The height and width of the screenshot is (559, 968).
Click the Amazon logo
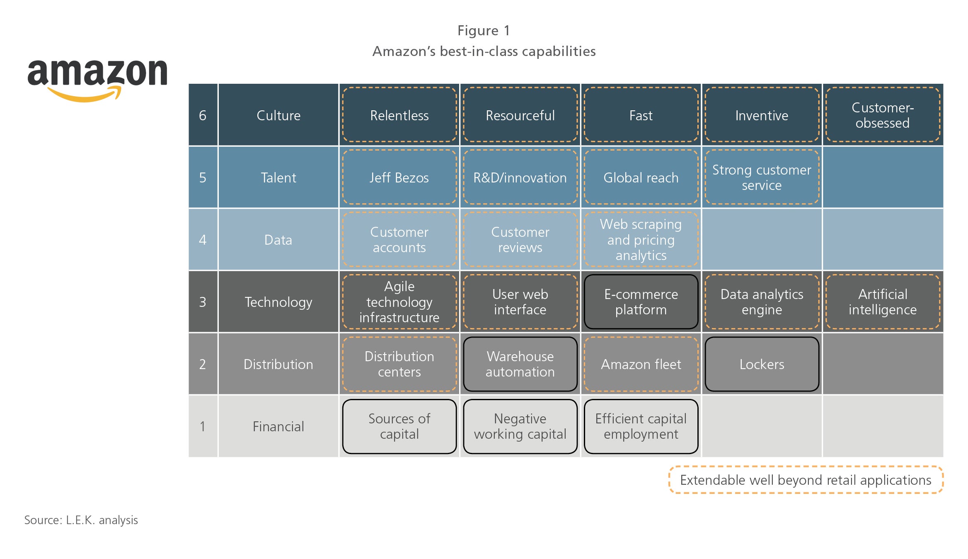click(x=97, y=80)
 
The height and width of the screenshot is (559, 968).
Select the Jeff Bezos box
click(x=399, y=177)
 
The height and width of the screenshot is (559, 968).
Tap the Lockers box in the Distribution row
click(x=762, y=364)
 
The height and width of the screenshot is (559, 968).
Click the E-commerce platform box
click(x=641, y=301)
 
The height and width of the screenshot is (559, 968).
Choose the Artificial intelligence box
click(x=883, y=301)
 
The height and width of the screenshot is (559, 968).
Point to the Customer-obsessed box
click(x=883, y=115)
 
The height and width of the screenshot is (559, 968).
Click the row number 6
click(x=203, y=115)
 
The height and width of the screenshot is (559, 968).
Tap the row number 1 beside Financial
click(x=203, y=426)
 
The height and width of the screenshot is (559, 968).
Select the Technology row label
click(x=278, y=302)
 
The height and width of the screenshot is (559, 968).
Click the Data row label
click(x=278, y=240)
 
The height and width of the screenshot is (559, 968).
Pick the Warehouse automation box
click(x=520, y=364)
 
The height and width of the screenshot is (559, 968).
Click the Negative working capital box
click(x=520, y=426)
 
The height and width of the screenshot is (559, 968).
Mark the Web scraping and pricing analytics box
click(x=641, y=239)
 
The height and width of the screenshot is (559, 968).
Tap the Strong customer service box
click(x=762, y=177)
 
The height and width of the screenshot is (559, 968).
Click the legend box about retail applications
click(x=806, y=480)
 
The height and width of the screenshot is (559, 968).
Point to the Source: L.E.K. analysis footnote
click(x=81, y=520)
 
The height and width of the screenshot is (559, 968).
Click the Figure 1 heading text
click(x=484, y=30)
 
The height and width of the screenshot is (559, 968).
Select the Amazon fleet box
click(x=641, y=364)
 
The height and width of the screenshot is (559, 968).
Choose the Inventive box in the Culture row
click(x=762, y=115)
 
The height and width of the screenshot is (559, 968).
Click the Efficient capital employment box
click(x=641, y=426)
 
